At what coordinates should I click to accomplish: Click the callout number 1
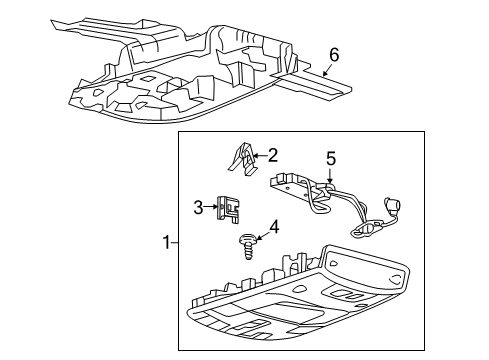click(168, 242)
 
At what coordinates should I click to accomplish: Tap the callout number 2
click(272, 155)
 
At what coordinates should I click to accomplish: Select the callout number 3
click(198, 207)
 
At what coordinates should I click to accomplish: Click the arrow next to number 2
click(257, 155)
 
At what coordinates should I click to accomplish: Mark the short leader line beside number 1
click(178, 242)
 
